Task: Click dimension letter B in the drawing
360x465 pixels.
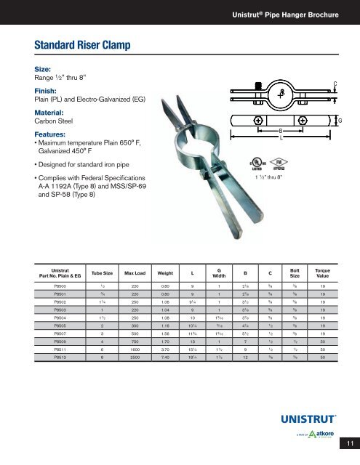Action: click(x=280, y=129)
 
